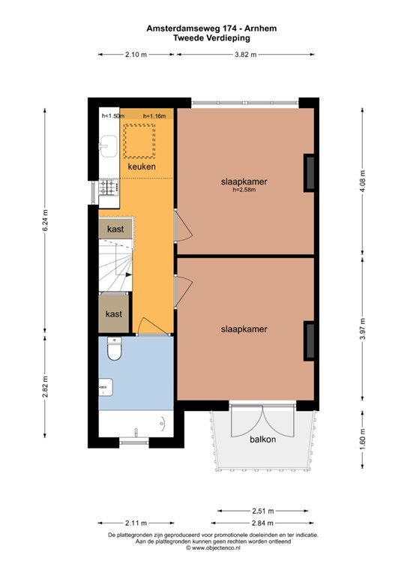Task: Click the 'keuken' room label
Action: (x=141, y=166)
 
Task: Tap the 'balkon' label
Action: (x=262, y=439)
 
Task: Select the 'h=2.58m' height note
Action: (x=244, y=190)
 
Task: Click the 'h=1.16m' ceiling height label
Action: (x=154, y=115)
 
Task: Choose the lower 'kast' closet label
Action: (x=114, y=313)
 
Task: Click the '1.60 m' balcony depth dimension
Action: (x=362, y=437)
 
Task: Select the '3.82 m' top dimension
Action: (x=245, y=54)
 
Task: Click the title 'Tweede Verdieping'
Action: (x=202, y=36)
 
